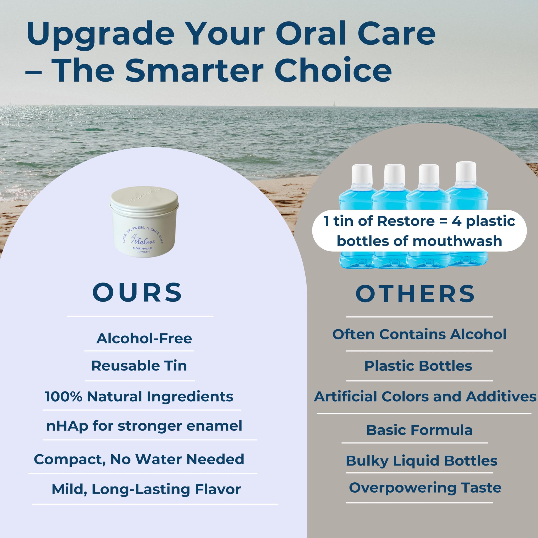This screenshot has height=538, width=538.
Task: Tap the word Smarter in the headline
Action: pos(194,70)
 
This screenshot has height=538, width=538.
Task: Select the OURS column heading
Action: pos(137,292)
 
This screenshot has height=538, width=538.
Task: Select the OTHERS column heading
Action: pos(415,294)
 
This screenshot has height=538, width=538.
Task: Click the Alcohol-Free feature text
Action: pos(144,339)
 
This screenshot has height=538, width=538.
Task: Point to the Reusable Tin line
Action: pos(139,366)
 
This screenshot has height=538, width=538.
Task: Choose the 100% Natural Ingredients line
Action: pos(139,397)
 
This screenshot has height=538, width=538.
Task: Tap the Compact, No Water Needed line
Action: pos(139,459)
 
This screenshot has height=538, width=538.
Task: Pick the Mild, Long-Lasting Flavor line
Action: pos(146,489)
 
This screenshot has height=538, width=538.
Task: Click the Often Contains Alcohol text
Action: pos(419,334)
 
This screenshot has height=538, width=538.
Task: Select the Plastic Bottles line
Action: pos(418,366)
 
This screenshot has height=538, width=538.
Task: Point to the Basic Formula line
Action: pos(419,430)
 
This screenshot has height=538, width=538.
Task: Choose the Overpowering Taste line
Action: pos(425,488)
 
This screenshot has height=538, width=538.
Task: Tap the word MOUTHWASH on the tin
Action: pos(143,248)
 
